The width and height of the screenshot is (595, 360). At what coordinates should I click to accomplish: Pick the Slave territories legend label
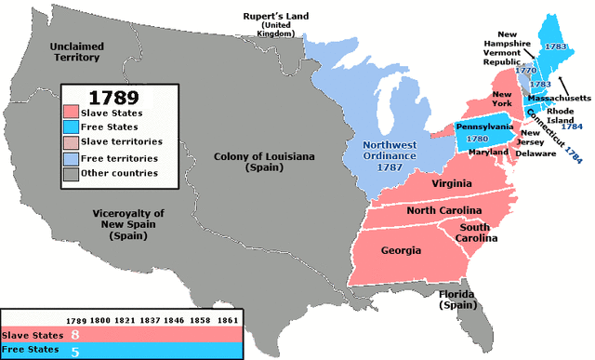[x=121, y=141]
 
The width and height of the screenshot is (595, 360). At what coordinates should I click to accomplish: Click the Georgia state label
[x=403, y=249]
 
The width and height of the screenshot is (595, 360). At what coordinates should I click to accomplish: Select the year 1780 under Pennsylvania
[x=483, y=140]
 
